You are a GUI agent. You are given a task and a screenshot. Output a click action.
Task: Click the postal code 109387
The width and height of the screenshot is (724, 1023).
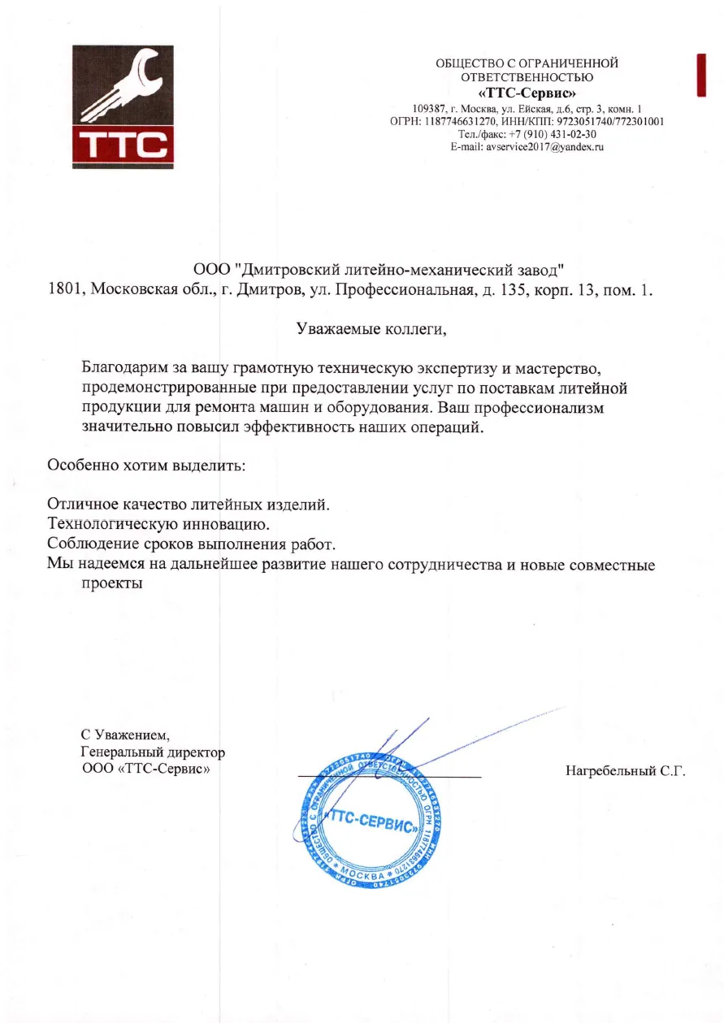(428, 108)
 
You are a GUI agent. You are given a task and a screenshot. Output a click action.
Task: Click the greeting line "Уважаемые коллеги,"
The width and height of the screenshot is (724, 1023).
(371, 330)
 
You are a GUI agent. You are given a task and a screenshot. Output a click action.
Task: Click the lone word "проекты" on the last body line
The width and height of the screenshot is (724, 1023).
(112, 583)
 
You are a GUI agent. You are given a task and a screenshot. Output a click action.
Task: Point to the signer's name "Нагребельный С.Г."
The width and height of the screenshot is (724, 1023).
(626, 771)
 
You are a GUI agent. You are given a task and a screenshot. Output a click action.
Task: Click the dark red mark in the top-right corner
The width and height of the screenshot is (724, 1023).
(700, 76)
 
